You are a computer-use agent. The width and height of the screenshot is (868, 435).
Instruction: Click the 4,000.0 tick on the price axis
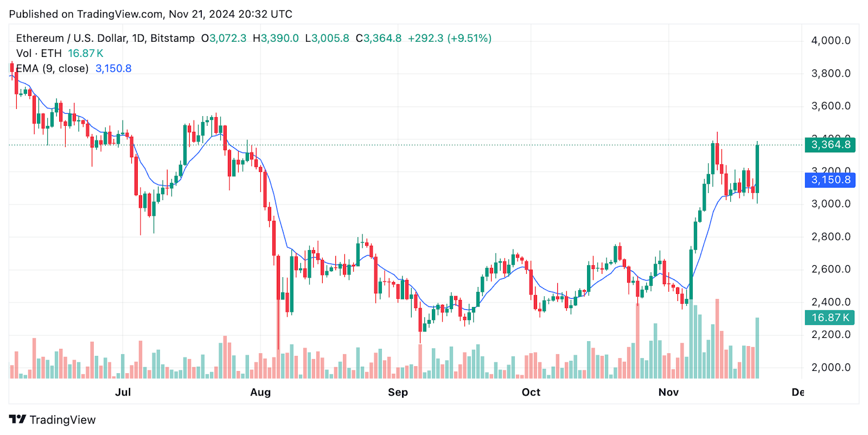pyautogui.click(x=831, y=41)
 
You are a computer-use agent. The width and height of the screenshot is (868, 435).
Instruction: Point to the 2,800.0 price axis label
pyautogui.click(x=831, y=236)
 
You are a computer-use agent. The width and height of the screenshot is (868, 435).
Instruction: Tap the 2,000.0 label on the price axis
pyautogui.click(x=831, y=367)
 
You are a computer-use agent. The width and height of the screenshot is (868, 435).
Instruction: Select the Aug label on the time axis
pyautogui.click(x=260, y=392)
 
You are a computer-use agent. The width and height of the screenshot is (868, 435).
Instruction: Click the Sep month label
pyautogui.click(x=398, y=392)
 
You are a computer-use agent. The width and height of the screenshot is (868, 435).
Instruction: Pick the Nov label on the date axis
pyautogui.click(x=668, y=392)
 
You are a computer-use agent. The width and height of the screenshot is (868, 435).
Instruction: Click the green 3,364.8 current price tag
pyautogui.click(x=830, y=145)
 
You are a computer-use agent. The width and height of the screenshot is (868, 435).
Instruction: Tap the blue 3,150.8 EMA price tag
pyautogui.click(x=830, y=180)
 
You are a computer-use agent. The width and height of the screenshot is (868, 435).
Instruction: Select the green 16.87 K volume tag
pyautogui.click(x=829, y=318)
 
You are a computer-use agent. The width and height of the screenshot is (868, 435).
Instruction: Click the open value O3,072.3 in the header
pyautogui.click(x=224, y=39)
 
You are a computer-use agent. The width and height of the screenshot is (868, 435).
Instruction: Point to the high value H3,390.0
pyautogui.click(x=276, y=39)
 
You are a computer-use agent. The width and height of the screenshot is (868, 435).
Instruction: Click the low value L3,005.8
pyautogui.click(x=327, y=39)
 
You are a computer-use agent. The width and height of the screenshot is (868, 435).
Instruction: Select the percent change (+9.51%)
pyautogui.click(x=469, y=39)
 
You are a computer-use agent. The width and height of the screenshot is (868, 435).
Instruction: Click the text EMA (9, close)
pyautogui.click(x=52, y=68)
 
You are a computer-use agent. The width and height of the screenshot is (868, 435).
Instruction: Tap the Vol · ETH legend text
pyautogui.click(x=39, y=53)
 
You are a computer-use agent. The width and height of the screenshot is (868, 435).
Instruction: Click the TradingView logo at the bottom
pyautogui.click(x=53, y=420)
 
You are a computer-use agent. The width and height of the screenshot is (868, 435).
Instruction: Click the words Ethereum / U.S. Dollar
pyautogui.click(x=71, y=39)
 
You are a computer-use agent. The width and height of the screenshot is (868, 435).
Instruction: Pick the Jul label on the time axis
pyautogui.click(x=123, y=392)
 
